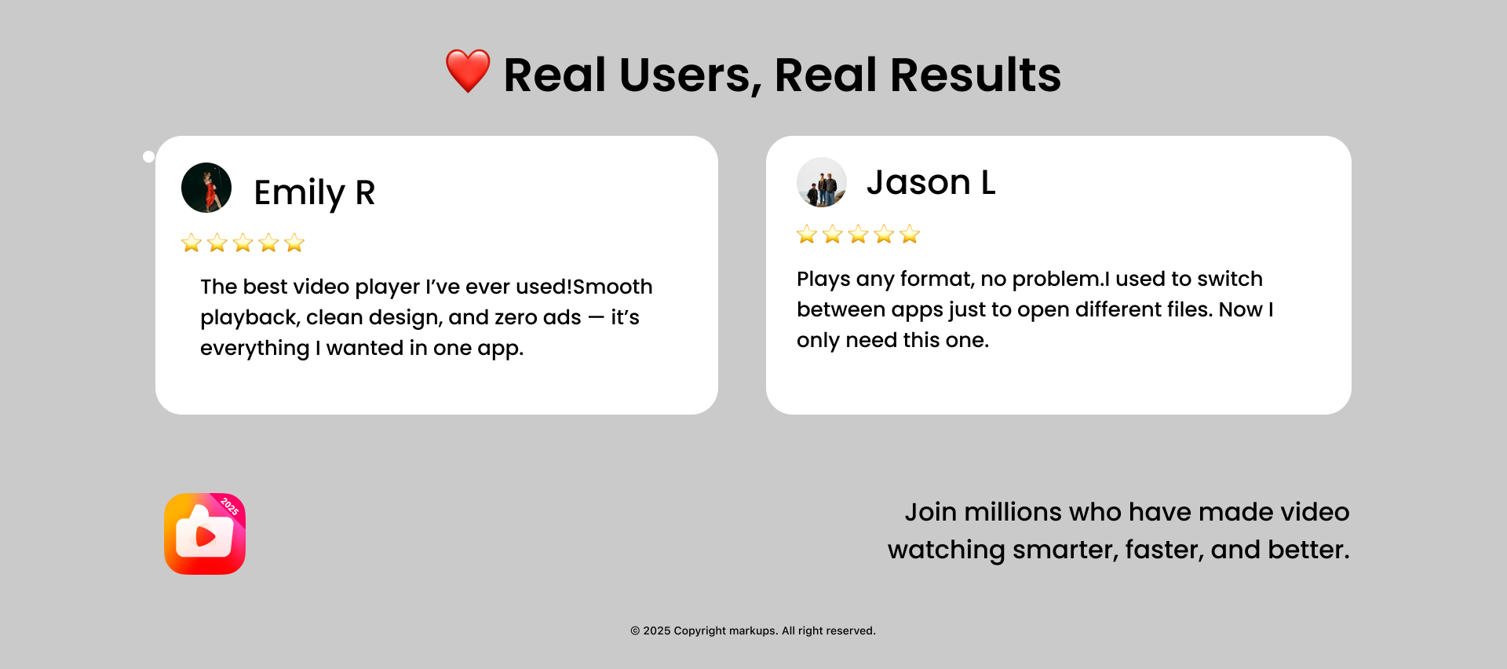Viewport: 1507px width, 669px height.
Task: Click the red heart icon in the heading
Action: [x=468, y=71]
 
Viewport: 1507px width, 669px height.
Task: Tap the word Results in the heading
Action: [x=976, y=75]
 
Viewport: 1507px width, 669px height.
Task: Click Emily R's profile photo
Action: [x=206, y=188]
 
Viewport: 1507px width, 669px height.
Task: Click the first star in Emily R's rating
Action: [x=192, y=243]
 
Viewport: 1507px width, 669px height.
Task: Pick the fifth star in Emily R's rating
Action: [x=294, y=243]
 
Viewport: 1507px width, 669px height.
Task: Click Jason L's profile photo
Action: [x=822, y=182]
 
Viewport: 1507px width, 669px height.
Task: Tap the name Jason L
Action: [x=931, y=183]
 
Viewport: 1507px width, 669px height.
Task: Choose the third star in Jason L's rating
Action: [x=859, y=234]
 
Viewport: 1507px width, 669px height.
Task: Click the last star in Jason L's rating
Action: [x=910, y=234]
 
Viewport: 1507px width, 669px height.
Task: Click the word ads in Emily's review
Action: [x=562, y=317]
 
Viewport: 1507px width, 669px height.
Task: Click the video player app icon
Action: [x=205, y=534]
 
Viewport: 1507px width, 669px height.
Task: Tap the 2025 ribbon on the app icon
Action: [x=229, y=506]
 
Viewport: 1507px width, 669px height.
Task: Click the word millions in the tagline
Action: [x=1013, y=512]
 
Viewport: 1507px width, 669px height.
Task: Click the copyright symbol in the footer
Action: [x=635, y=631]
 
